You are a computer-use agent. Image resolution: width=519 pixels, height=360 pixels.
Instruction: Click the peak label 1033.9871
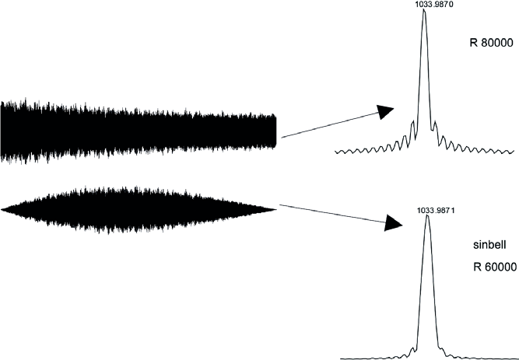[428, 211]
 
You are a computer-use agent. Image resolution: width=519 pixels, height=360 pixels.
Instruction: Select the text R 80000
[491, 43]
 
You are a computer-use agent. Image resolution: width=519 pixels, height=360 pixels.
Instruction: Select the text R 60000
[495, 267]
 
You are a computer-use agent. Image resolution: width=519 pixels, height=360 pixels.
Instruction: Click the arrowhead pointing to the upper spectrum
[385, 111]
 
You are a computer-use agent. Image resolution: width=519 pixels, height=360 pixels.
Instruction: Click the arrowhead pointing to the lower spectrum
[393, 223]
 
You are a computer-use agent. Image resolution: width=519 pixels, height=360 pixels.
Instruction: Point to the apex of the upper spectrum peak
[424, 9]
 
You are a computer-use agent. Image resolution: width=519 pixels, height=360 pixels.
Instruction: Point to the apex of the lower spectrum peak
[427, 215]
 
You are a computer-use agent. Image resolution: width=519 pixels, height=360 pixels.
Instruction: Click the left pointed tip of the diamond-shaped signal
[2, 209]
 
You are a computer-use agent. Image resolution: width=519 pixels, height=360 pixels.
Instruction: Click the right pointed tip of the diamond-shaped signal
[276, 209]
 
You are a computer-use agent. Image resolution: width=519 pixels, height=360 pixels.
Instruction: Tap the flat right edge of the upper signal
[275, 131]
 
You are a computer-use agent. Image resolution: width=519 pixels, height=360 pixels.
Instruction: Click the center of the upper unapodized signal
[139, 131]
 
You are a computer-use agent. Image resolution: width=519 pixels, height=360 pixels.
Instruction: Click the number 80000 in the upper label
[496, 43]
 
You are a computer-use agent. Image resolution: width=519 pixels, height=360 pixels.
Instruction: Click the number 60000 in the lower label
[500, 267]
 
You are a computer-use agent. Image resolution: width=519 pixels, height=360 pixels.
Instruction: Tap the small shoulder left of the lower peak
[412, 348]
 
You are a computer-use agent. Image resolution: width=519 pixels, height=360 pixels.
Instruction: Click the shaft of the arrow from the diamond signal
[332, 213]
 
